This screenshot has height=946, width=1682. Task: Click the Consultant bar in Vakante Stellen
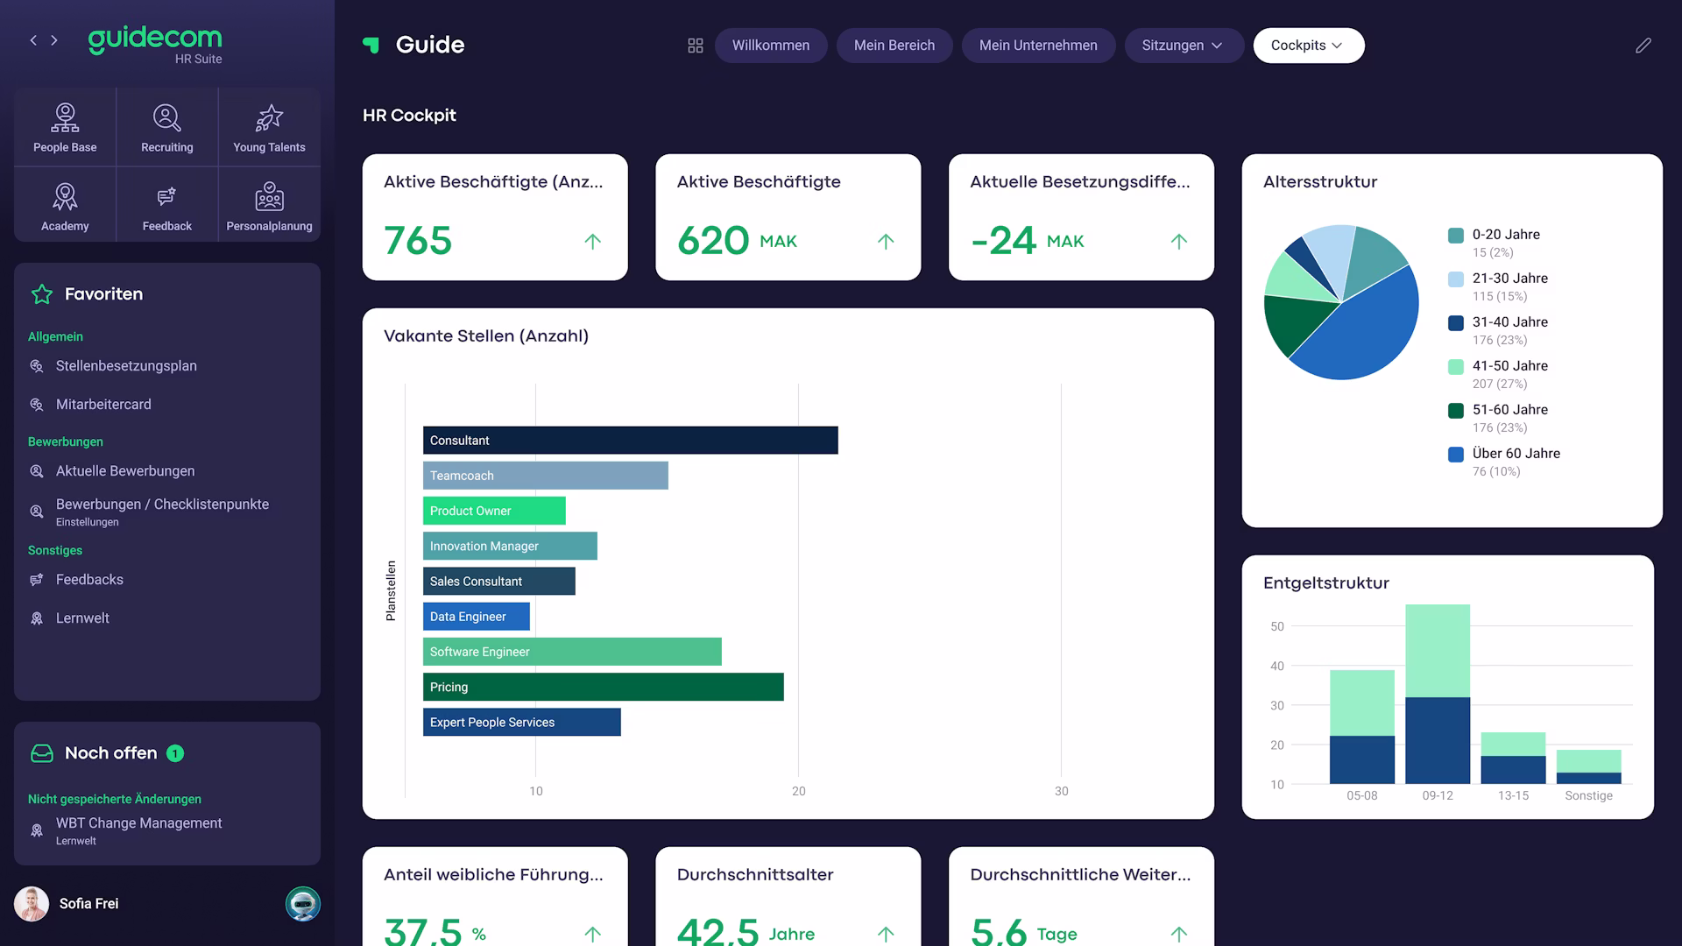[630, 441]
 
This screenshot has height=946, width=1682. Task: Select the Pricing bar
[603, 687]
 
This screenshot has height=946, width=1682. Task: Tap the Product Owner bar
[494, 511]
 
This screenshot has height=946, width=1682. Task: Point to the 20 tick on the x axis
[798, 791]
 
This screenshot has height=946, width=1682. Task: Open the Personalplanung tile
[269, 206]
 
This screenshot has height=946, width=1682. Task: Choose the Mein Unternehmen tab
[1038, 46]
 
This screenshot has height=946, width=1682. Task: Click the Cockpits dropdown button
[1308, 46]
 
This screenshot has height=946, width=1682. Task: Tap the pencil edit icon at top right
[1643, 46]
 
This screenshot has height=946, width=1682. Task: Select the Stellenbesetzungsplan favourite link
[126, 366]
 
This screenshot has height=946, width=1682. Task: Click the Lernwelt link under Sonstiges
[82, 618]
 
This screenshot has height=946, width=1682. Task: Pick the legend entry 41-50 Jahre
[1509, 366]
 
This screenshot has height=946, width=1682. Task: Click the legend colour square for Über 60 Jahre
[1456, 455]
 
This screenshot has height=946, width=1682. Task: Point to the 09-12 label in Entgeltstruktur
[1438, 795]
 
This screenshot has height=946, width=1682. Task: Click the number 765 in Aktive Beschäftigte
[418, 241]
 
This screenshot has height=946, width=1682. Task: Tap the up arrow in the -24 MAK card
[1179, 241]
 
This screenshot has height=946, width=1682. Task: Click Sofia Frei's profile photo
[32, 904]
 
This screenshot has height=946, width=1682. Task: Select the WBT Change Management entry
[138, 823]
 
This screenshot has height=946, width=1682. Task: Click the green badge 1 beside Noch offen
[175, 753]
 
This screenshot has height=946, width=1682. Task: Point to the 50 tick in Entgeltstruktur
[1277, 626]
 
